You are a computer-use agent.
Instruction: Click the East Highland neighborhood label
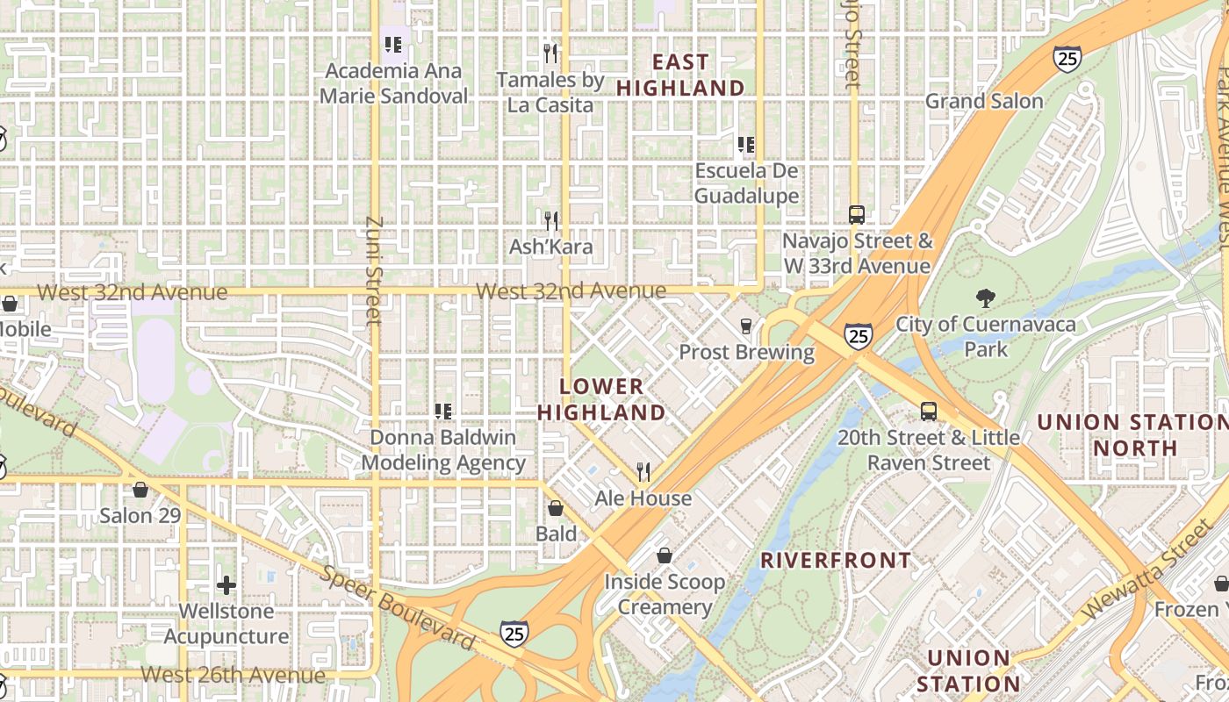[x=680, y=75]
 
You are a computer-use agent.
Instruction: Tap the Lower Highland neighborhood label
[x=601, y=399]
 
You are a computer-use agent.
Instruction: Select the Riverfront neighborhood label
[x=836, y=560]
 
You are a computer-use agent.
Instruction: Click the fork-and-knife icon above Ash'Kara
[x=551, y=220]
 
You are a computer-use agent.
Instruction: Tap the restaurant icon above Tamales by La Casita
[x=550, y=54]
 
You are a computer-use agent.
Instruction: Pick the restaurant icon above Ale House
[x=643, y=472]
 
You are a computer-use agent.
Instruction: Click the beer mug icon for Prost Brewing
[x=746, y=326]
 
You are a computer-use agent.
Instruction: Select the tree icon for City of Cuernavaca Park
[x=986, y=298]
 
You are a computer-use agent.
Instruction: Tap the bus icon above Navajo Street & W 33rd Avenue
[x=856, y=215]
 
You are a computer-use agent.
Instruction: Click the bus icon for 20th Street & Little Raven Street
[x=928, y=411]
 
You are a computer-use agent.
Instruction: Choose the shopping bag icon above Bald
[x=556, y=508]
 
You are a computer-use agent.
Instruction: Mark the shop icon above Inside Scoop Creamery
[x=665, y=555]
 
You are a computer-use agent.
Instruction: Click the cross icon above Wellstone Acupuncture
[x=226, y=585]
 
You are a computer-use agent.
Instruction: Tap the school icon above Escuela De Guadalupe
[x=746, y=145]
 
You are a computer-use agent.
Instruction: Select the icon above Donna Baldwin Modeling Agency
[x=443, y=411]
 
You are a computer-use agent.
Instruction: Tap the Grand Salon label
[x=984, y=101]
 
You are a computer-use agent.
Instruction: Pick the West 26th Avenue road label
[x=233, y=675]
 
